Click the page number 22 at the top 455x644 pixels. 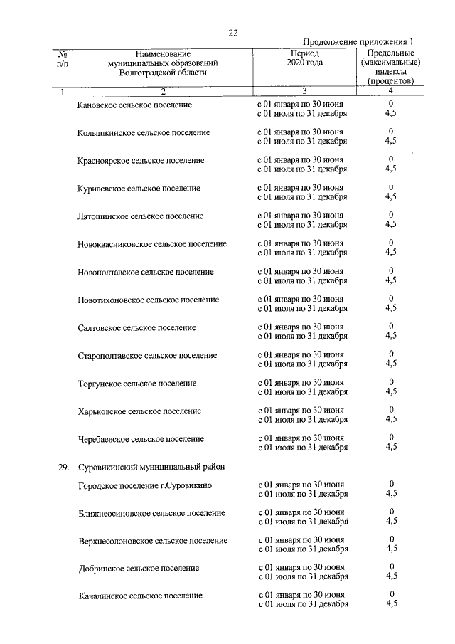[x=232, y=32]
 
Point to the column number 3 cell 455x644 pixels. [x=304, y=91]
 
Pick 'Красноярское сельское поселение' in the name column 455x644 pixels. [x=141, y=160]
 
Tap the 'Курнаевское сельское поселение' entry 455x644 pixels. [x=139, y=189]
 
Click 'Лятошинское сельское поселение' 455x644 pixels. [x=141, y=216]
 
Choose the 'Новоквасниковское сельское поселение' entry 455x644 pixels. [x=152, y=244]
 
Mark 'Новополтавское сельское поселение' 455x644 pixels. [x=146, y=272]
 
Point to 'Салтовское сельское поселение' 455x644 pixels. [x=137, y=328]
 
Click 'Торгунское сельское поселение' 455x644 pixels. [x=137, y=384]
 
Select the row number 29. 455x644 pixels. [x=63, y=468]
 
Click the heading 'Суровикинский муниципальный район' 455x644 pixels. [x=151, y=468]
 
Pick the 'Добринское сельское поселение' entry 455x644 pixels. [x=139, y=569]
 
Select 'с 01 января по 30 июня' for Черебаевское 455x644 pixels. [x=301, y=438]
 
